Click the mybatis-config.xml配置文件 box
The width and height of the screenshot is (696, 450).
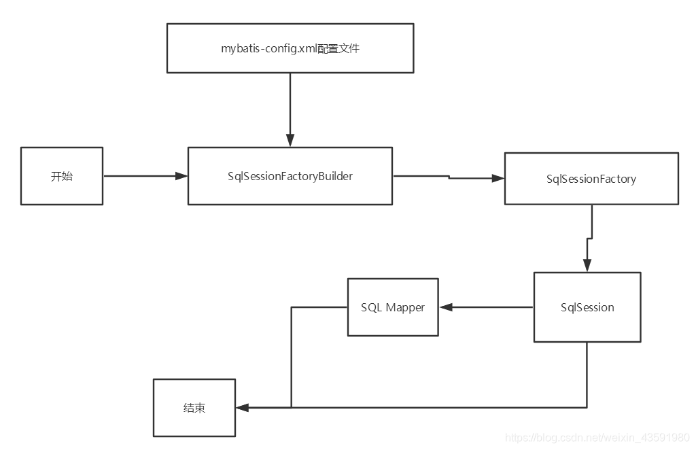click(x=290, y=49)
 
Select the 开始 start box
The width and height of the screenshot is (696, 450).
click(x=62, y=176)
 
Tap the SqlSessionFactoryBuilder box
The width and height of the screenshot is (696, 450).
click(x=290, y=176)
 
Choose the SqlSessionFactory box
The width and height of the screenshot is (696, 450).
click(x=591, y=179)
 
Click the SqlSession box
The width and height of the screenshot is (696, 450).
click(x=587, y=307)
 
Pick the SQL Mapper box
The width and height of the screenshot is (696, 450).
click(x=393, y=307)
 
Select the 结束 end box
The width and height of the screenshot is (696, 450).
click(x=194, y=408)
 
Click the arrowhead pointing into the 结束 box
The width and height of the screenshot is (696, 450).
click(x=242, y=408)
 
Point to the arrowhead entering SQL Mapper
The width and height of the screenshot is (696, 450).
click(x=445, y=307)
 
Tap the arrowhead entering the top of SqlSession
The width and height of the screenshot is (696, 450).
click(x=587, y=266)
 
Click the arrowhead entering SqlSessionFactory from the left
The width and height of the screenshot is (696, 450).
click(x=498, y=179)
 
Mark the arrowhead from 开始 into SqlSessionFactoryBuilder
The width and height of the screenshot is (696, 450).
click(x=181, y=176)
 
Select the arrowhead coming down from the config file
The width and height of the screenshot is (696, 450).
click(x=290, y=141)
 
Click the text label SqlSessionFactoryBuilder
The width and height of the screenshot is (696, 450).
click(x=290, y=176)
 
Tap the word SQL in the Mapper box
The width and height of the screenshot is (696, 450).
click(x=372, y=308)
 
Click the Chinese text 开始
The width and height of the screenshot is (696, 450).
click(x=62, y=176)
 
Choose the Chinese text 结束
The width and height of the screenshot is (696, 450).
click(x=194, y=408)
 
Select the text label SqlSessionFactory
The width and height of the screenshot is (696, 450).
click(x=591, y=179)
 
